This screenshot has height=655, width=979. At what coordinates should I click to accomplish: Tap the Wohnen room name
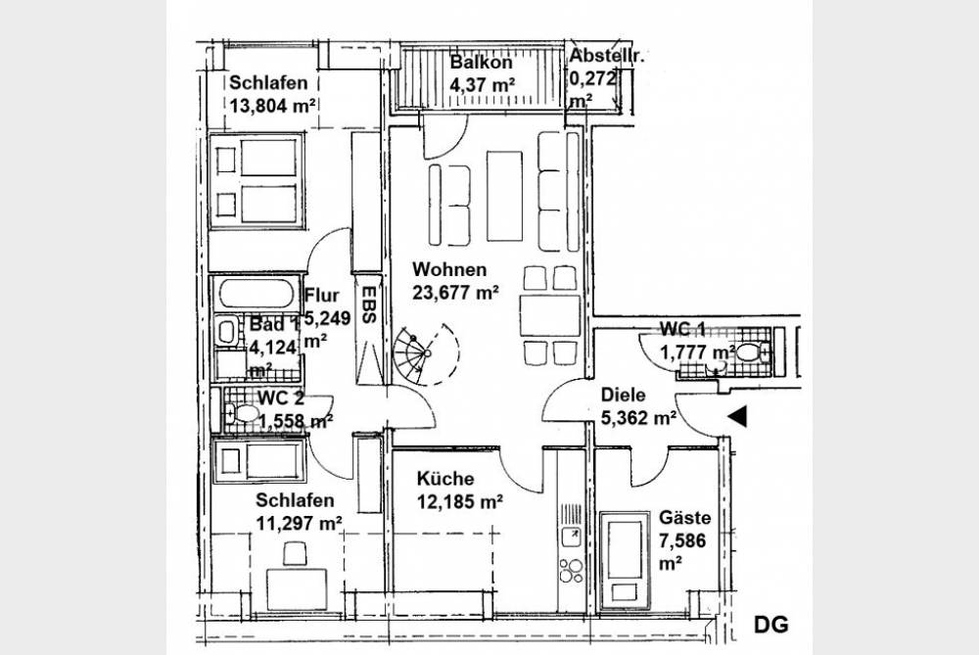449,270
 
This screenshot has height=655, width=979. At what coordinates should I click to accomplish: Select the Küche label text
445,479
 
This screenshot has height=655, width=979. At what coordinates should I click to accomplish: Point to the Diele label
623,395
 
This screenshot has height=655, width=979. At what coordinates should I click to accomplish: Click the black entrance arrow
737,416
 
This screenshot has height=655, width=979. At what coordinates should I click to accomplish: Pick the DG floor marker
771,625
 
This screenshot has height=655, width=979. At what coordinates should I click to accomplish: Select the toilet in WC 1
752,352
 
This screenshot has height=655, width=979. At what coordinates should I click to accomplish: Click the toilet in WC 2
242,413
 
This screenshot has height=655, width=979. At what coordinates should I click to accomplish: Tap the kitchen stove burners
572,570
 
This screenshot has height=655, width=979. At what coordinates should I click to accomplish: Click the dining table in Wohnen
550,314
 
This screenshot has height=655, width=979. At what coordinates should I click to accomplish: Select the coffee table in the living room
504,196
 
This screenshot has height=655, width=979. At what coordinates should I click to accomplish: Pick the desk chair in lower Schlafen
296,553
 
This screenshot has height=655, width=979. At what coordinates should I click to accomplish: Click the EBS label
368,304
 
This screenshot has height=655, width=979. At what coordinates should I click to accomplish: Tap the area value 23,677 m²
456,292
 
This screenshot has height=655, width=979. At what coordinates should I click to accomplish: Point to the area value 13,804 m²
271,105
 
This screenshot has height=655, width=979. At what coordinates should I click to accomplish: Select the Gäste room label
685,518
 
